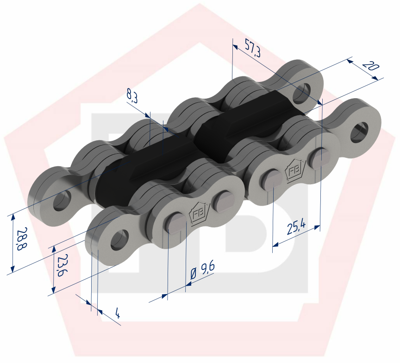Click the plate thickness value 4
pos(117,314)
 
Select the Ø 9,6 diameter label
pos(202,273)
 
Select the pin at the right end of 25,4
pos(320,157)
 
